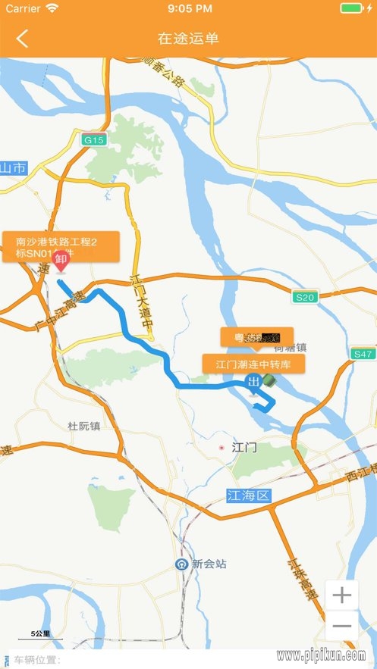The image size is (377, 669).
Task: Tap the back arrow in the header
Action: tap(22, 38)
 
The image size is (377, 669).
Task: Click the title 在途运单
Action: tap(188, 38)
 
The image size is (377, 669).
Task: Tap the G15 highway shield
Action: tap(94, 140)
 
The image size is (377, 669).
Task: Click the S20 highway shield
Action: tap(305, 297)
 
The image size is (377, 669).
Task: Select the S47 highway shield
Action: tap(363, 354)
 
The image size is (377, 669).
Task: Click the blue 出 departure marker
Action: tap(254, 380)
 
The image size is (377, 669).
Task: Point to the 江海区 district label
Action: tap(248, 496)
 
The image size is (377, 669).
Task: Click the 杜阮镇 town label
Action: tap(83, 427)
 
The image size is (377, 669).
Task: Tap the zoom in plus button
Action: tap(342, 596)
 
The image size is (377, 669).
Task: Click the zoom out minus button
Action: tap(342, 626)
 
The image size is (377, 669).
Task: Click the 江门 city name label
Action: tap(244, 448)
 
